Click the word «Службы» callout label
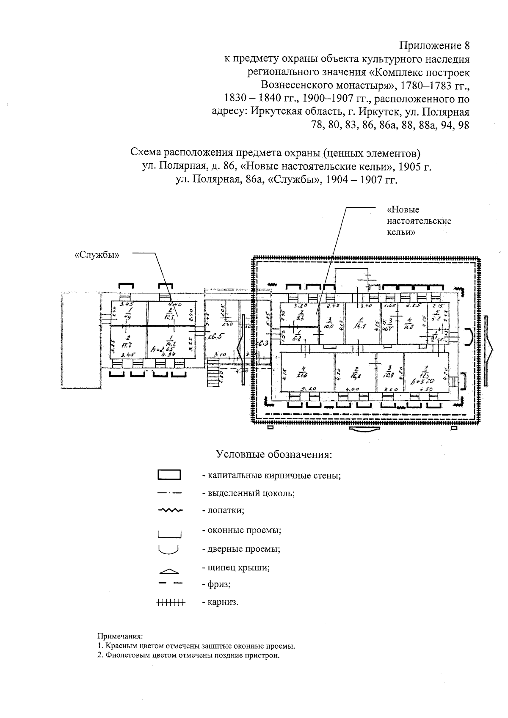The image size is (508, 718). (97, 255)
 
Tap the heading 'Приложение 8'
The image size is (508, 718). (435, 45)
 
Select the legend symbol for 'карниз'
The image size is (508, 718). (171, 602)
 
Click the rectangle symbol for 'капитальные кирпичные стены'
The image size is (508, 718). (169, 475)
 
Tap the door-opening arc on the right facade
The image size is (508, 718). (469, 337)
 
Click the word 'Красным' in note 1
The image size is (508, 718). (122, 646)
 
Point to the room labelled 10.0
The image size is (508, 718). (329, 323)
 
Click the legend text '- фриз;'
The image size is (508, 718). (216, 584)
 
